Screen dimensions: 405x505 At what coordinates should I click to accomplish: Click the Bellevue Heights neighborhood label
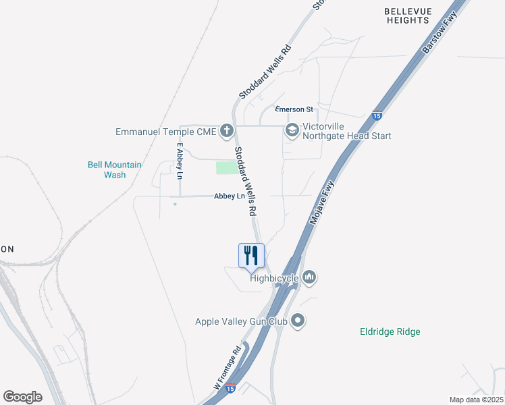tap(406, 16)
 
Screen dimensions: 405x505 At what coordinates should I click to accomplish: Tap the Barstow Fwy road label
tap(440, 32)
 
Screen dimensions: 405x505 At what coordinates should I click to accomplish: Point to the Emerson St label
tap(294, 109)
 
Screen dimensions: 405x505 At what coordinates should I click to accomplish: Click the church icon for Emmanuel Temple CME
tap(228, 131)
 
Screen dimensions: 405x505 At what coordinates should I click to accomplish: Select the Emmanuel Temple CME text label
tap(165, 132)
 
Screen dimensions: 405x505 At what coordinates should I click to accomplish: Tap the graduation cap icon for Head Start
tap(292, 130)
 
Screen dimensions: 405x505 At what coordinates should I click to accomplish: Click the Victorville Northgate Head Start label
tap(346, 131)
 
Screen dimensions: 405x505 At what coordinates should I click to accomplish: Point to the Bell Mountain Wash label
tap(115, 169)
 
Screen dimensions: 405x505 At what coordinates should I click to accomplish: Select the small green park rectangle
tap(227, 167)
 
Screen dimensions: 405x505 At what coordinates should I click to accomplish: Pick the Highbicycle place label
tap(275, 277)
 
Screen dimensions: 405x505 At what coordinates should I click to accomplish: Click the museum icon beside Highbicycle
tap(309, 276)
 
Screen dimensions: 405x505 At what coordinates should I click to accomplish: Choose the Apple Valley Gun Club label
tap(241, 322)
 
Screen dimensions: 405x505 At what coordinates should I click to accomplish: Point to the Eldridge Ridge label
tap(390, 331)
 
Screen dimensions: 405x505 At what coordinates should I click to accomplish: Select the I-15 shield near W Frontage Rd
tap(230, 389)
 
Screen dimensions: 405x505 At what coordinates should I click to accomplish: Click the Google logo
tap(22, 397)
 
